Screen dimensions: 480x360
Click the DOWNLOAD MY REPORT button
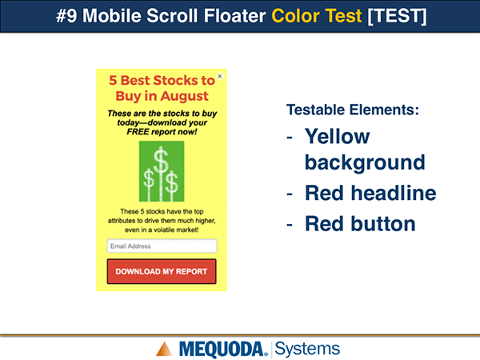[162, 271]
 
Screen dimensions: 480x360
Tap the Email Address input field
[162, 246]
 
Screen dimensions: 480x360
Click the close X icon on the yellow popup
[220, 76]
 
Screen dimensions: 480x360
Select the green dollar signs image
[162, 171]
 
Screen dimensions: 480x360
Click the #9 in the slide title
[66, 16]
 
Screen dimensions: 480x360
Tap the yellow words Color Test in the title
[317, 16]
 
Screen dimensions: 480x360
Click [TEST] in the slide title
[397, 16]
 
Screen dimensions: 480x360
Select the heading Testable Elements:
[353, 110]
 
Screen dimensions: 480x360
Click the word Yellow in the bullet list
[338, 136]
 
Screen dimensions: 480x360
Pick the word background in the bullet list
[365, 162]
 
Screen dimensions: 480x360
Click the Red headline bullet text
[370, 193]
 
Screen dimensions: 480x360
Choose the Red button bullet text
[360, 223]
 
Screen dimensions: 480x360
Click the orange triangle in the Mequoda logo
[164, 349]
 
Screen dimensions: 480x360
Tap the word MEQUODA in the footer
[222, 350]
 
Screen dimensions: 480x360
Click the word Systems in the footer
[307, 349]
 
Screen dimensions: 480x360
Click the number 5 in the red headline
[113, 81]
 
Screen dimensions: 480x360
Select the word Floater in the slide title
[234, 16]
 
